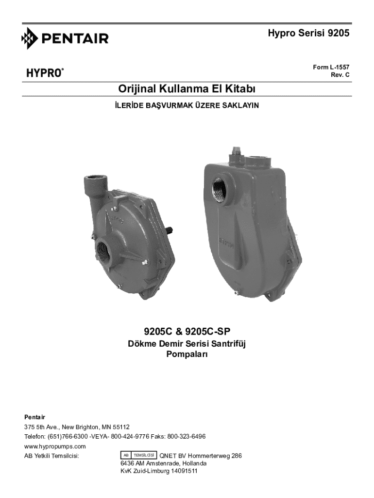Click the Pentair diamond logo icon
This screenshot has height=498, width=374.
coord(30,38)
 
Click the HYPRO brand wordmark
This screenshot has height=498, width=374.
coord(45,73)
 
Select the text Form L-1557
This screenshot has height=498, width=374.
coord(331,67)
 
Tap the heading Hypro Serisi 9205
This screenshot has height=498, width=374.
coord(308,33)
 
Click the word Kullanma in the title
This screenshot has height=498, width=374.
coord(182,89)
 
